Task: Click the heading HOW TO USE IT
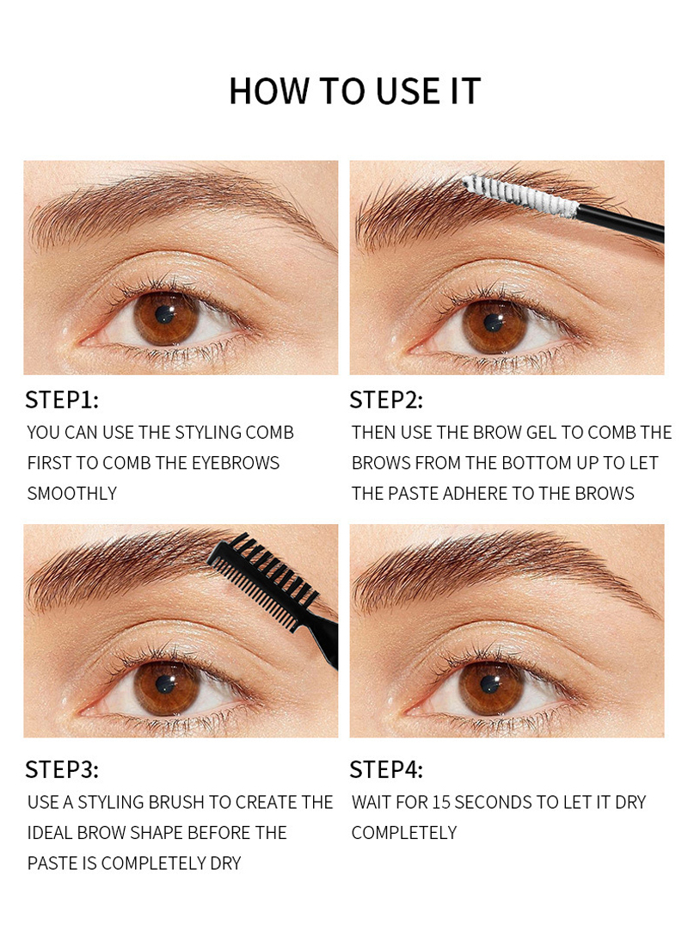[x=354, y=91]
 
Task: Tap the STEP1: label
[x=62, y=400]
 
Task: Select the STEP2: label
[x=386, y=400]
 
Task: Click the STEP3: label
[x=62, y=769]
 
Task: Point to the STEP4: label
[x=386, y=769]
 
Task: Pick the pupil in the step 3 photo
[x=166, y=686]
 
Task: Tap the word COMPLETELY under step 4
[x=404, y=833]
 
